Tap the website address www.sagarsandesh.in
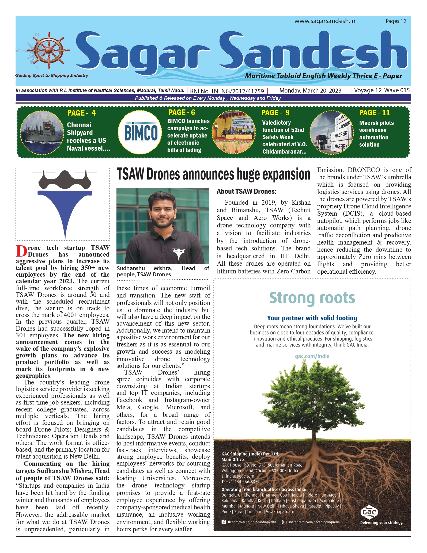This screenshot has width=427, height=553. (325, 21)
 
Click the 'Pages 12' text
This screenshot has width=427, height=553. (396, 21)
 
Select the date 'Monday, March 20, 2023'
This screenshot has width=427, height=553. (310, 90)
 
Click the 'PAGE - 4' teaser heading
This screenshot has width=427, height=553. (81, 113)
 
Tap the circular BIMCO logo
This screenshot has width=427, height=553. (141, 132)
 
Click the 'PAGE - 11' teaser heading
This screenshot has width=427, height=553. (374, 113)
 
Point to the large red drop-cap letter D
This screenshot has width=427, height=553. (21, 251)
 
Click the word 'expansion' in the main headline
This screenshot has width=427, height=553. (286, 174)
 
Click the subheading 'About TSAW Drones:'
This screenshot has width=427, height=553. (247, 191)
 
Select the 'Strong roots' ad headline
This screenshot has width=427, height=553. (312, 298)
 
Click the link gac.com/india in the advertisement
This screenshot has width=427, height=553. (312, 356)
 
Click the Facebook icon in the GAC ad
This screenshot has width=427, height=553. (224, 522)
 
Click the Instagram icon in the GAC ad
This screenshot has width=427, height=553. (284, 522)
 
